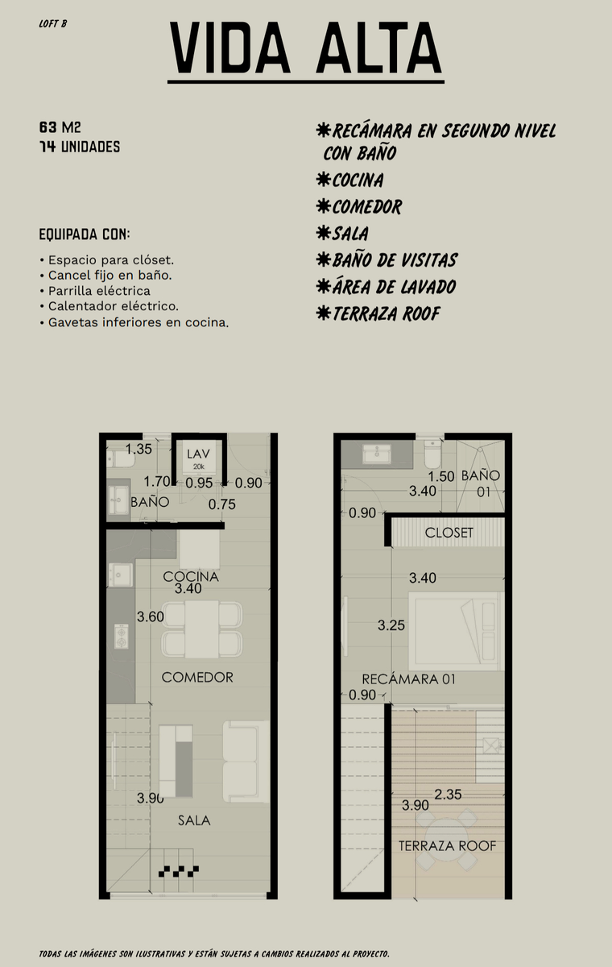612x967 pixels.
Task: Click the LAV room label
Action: coord(198,454)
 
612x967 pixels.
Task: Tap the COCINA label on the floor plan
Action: coord(191,577)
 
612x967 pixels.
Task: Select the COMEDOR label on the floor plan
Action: coord(197,678)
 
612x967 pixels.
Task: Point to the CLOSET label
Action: coord(449,533)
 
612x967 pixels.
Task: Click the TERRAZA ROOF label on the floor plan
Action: coord(447,846)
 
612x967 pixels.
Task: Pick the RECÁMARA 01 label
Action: coord(408,679)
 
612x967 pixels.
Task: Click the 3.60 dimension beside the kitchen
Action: coord(150,617)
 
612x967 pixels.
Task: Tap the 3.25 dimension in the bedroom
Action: coord(391,625)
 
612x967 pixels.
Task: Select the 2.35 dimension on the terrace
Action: coord(448,795)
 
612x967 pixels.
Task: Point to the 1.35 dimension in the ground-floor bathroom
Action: coord(139,449)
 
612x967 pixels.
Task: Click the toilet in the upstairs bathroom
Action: coord(432,454)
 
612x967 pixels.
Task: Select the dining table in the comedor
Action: coord(202,629)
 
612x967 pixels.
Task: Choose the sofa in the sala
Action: coord(246,762)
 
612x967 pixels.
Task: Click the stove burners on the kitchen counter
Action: coord(122,636)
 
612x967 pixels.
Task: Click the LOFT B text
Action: coord(52,23)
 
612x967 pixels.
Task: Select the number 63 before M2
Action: coord(48,127)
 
